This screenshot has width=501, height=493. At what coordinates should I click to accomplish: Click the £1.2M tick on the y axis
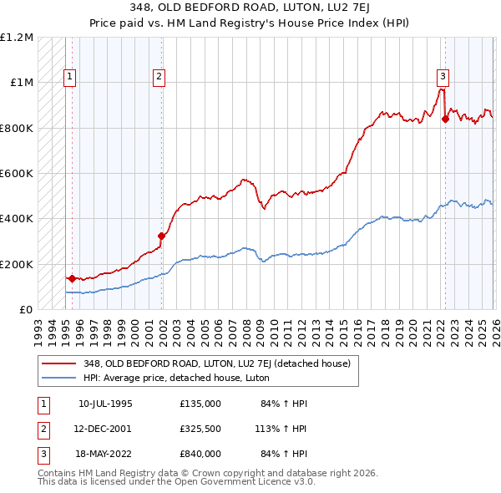click(x=17, y=38)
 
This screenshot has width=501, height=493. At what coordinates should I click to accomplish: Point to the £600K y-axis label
click(x=17, y=174)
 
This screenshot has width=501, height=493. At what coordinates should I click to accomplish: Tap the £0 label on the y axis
click(x=25, y=309)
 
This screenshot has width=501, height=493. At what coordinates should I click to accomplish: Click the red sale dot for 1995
click(x=72, y=278)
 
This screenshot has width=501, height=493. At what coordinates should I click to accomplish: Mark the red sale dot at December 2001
click(x=161, y=236)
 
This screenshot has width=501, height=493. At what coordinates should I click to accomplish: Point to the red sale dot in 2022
click(x=445, y=119)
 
